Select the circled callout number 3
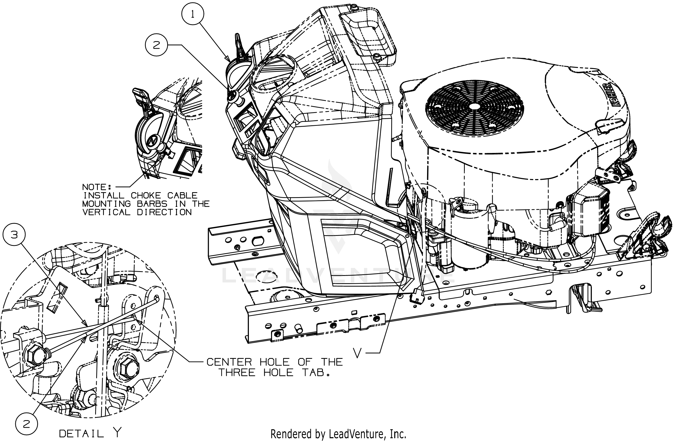point(14,235)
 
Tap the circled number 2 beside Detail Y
point(26,424)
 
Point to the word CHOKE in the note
point(146,196)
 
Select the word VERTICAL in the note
point(106,212)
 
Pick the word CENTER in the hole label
point(229,362)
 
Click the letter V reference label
point(357,353)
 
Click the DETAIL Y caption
point(90,434)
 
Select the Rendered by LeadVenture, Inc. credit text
point(338,434)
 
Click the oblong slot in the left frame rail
point(258,241)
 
